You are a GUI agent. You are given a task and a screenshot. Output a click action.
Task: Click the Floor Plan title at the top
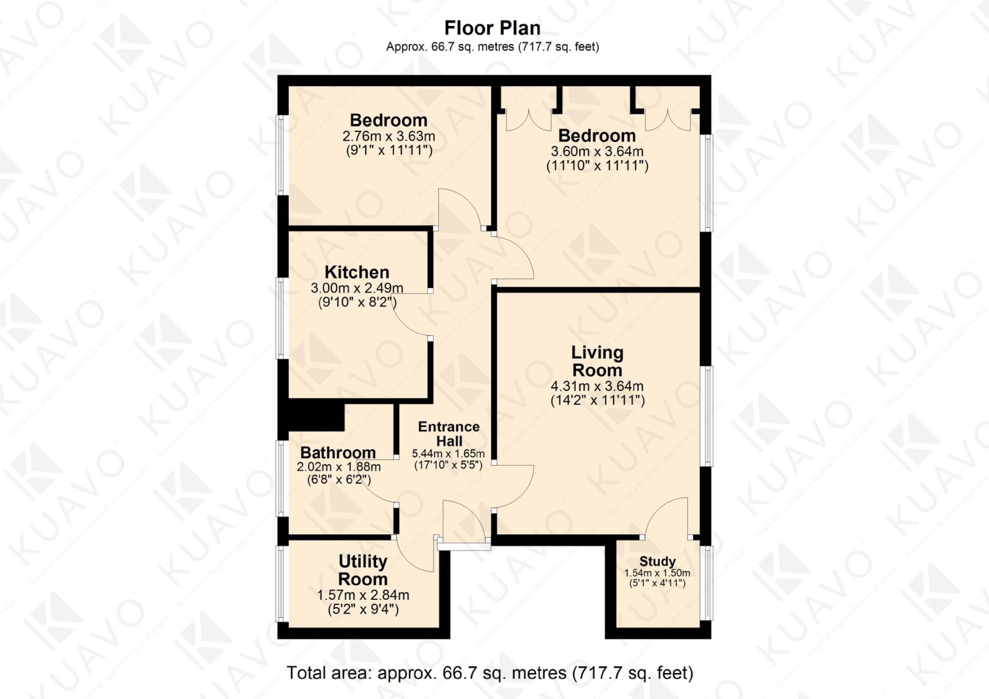492,28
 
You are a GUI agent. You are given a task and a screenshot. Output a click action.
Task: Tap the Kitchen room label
357,272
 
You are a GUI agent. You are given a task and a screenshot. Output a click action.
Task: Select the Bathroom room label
338,452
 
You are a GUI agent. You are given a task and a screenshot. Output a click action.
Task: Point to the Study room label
657,561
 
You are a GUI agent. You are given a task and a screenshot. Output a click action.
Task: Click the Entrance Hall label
449,434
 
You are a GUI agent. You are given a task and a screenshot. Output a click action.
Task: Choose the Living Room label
597,361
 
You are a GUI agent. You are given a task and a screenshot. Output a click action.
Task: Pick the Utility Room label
363,570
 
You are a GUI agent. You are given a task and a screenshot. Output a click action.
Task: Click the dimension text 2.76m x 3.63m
389,136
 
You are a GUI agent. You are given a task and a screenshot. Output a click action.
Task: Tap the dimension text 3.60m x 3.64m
597,151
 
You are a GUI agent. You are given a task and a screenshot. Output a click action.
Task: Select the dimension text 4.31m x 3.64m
597,386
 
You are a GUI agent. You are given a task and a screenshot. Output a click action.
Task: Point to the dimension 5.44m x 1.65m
448,454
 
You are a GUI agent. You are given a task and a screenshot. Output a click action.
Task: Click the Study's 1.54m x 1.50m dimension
657,573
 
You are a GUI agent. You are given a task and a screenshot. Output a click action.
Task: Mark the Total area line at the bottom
490,673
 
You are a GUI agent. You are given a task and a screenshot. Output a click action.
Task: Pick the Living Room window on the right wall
707,415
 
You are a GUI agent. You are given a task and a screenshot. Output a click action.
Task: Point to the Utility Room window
281,583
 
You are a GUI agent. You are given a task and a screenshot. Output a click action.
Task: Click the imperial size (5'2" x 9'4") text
363,609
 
